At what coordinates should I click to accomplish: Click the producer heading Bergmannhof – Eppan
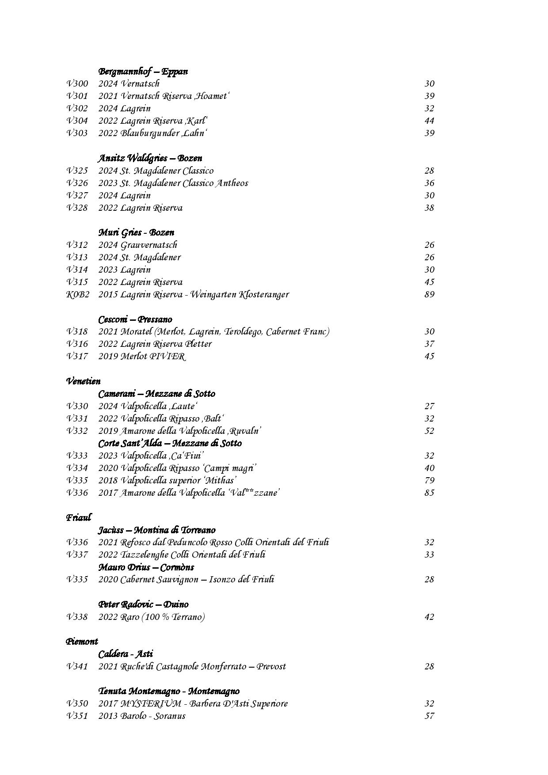[143, 71]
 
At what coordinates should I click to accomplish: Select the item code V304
[77, 121]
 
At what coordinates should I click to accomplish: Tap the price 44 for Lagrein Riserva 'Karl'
[429, 121]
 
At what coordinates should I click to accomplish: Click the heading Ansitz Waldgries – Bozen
[150, 158]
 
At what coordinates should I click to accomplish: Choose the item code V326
[77, 183]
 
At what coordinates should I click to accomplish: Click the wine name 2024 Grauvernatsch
[137, 245]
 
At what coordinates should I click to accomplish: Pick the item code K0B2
[78, 294]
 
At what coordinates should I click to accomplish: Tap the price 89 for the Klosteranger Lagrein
[429, 294]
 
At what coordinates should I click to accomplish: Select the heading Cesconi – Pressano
[135, 319]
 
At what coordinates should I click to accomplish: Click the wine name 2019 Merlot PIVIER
[142, 356]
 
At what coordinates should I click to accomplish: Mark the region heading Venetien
[83, 381]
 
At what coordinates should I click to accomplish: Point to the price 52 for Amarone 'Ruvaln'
[429, 431]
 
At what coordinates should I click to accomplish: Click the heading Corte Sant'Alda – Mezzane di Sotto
[170, 443]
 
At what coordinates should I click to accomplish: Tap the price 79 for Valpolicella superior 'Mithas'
[429, 480]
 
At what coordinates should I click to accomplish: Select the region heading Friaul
[79, 517]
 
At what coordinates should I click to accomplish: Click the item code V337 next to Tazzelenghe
[77, 555]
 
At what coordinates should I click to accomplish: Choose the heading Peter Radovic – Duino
[143, 604]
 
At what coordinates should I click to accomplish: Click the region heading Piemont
[82, 641]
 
